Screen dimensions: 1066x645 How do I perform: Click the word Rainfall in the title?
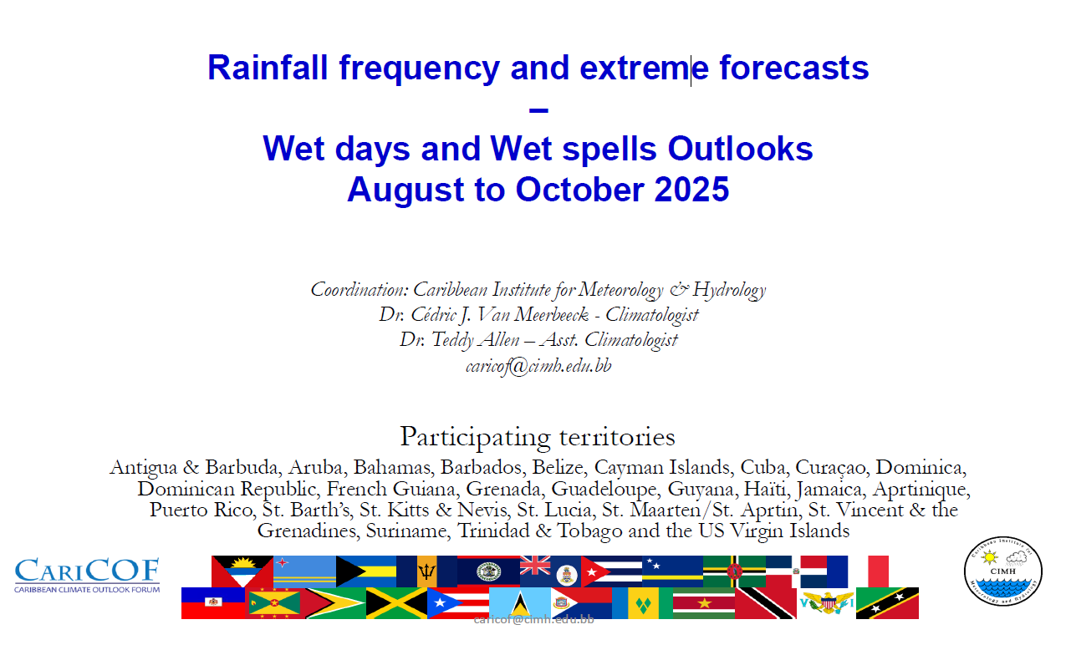[x=268, y=68]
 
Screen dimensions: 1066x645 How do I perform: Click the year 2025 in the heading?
[x=691, y=190]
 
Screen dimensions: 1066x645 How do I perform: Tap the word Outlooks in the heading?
[x=740, y=149]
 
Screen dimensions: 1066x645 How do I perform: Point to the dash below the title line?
[x=538, y=110]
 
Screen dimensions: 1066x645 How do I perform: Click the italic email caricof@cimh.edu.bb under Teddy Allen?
[x=538, y=366]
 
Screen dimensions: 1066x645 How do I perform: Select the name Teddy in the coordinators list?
[x=452, y=340]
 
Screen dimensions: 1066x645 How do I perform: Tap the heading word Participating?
[x=475, y=437]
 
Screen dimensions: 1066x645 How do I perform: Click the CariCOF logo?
[x=87, y=576]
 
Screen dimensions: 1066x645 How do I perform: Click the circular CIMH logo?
[x=1002, y=571]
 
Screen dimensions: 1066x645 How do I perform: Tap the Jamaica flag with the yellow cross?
[x=396, y=603]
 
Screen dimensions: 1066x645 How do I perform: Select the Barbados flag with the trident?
[x=426, y=571]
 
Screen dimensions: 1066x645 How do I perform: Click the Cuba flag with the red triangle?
[x=611, y=571]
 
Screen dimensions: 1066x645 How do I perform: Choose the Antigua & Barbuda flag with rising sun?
[x=242, y=571]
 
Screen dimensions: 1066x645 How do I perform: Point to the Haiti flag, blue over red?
[x=213, y=603]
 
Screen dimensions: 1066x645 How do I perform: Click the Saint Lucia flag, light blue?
[x=520, y=603]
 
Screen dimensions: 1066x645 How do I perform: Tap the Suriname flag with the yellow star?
[x=704, y=603]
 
